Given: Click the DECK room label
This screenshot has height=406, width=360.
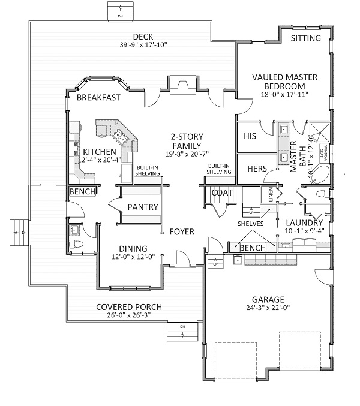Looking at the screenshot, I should (x=143, y=35).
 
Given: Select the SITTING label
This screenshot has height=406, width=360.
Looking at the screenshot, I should (x=306, y=38).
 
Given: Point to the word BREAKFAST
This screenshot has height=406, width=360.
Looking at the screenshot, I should (x=98, y=97).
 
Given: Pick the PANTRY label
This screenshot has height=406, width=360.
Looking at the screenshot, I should (x=143, y=207).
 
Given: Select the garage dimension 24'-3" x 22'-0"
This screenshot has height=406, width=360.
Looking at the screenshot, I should (x=268, y=308).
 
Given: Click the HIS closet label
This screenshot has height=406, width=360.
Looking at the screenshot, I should (x=250, y=136).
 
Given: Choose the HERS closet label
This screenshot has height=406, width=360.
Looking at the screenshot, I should (x=257, y=169).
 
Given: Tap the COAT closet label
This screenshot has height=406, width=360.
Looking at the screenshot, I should (x=222, y=193).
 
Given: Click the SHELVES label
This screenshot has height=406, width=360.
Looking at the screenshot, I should (x=253, y=224).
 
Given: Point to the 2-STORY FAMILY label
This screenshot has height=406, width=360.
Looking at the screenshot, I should (x=186, y=141).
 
